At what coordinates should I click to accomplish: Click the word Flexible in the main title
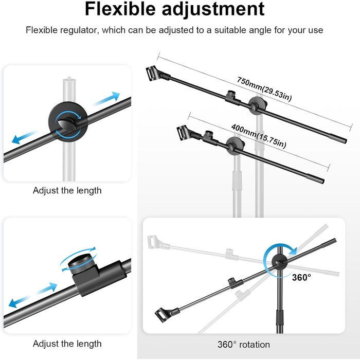(x=120, y=9)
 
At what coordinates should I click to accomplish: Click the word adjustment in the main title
(x=213, y=10)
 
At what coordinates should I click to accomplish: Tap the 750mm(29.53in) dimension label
(x=264, y=89)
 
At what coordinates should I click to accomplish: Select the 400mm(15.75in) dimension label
(x=259, y=136)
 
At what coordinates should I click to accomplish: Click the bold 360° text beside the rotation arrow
(x=301, y=277)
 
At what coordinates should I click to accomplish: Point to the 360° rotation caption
(x=244, y=345)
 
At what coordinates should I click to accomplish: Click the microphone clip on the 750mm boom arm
(x=152, y=73)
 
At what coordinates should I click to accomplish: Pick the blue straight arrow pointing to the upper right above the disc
(x=107, y=98)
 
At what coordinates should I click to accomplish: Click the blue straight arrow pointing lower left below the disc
(x=25, y=137)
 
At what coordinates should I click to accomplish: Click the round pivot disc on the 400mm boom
(x=235, y=146)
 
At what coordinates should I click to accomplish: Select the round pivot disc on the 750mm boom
(x=257, y=106)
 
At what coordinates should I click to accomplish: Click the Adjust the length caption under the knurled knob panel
(x=67, y=344)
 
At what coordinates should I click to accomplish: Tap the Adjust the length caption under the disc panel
(x=67, y=191)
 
